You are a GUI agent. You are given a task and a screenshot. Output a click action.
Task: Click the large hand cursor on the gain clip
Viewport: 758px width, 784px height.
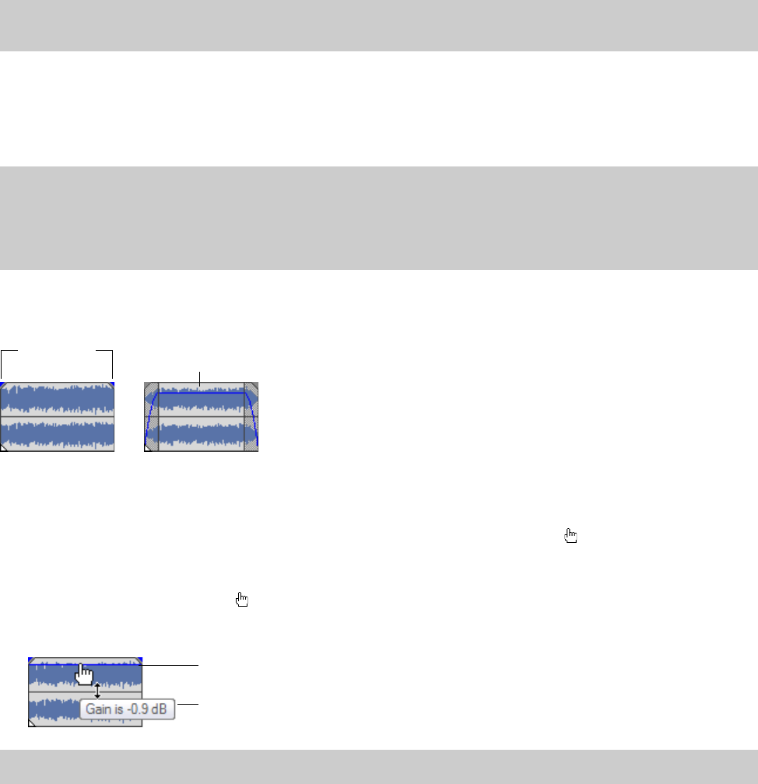(x=83, y=673)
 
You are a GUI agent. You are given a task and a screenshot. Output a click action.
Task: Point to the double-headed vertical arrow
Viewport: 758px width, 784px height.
(x=97, y=691)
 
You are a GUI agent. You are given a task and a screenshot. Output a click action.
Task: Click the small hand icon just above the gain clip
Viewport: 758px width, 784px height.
(x=242, y=599)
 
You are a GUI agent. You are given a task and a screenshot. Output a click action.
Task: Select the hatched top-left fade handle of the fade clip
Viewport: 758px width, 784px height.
(x=151, y=388)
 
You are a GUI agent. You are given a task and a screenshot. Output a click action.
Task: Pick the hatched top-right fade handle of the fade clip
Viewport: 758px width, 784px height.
(x=251, y=388)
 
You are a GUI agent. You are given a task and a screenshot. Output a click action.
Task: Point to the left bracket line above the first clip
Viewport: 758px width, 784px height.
(x=2, y=364)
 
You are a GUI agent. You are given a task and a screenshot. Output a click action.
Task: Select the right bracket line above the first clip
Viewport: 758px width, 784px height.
(x=113, y=364)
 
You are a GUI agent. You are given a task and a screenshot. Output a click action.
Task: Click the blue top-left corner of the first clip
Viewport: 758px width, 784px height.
(x=2, y=384)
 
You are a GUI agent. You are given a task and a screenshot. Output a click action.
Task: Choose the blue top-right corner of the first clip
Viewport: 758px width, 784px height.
(x=112, y=384)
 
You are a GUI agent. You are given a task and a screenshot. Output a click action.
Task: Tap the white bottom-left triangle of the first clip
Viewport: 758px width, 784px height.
(x=3, y=448)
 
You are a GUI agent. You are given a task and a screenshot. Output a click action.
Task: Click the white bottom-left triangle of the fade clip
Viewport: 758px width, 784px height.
(x=148, y=448)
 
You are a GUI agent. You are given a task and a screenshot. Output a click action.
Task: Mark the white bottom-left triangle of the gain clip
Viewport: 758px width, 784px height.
(x=31, y=723)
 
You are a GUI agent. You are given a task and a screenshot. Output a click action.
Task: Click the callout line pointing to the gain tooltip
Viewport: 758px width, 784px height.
(x=188, y=705)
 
